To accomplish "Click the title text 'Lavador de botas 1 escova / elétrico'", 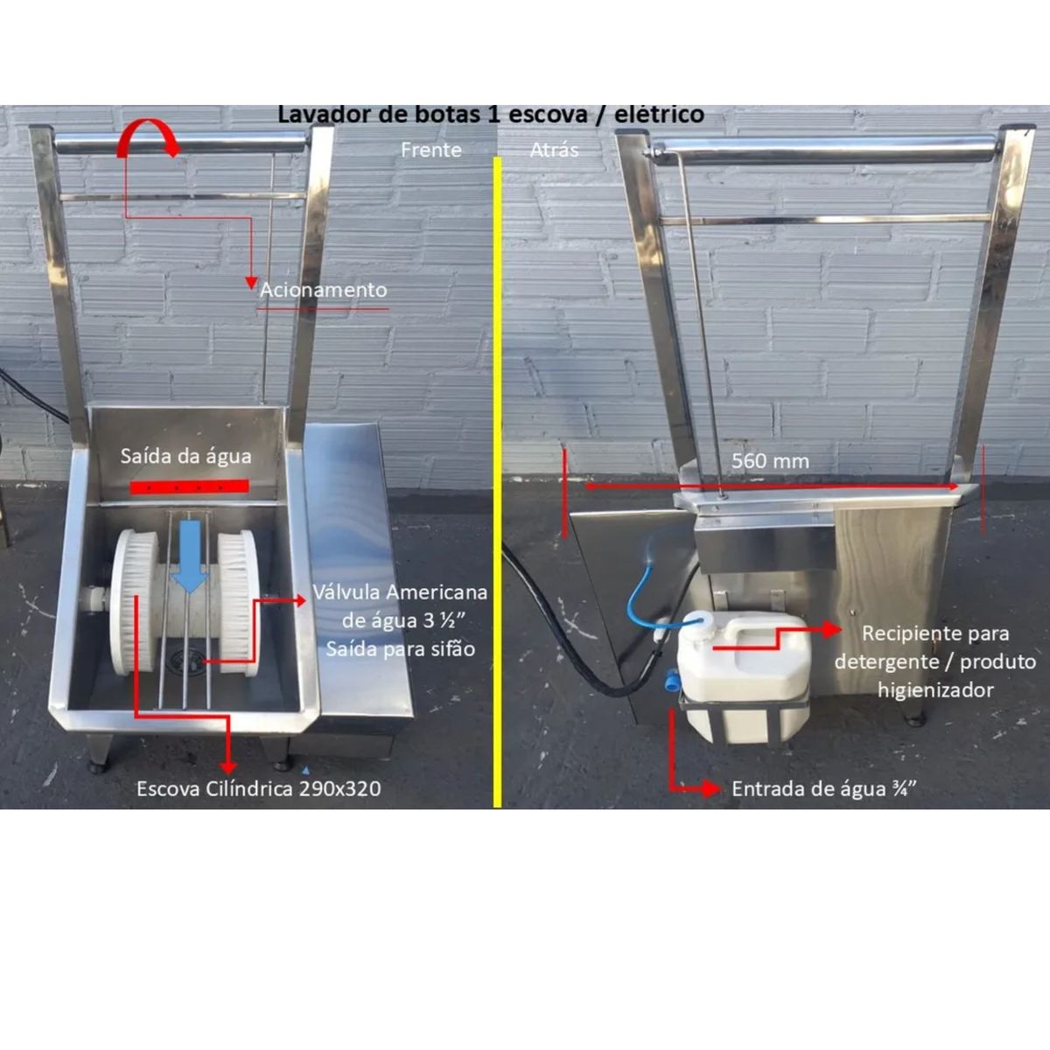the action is (491, 115).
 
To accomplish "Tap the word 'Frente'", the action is (431, 150).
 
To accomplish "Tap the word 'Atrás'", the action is (554, 150).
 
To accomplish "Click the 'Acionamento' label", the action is (323, 290).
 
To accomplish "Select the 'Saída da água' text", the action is (185, 456).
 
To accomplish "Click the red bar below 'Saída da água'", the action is (189, 486).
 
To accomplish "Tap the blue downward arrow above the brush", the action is (188, 556).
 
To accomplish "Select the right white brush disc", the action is (238, 603).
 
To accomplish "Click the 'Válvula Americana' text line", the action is (400, 592).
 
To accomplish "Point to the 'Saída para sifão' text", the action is (401, 649).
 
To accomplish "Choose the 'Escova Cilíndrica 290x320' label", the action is (258, 789).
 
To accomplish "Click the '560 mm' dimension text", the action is (770, 461).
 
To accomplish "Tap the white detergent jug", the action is (744, 675).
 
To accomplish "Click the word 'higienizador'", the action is (935, 690).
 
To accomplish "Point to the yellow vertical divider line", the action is (497, 481).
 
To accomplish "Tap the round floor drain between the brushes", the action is (180, 660).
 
